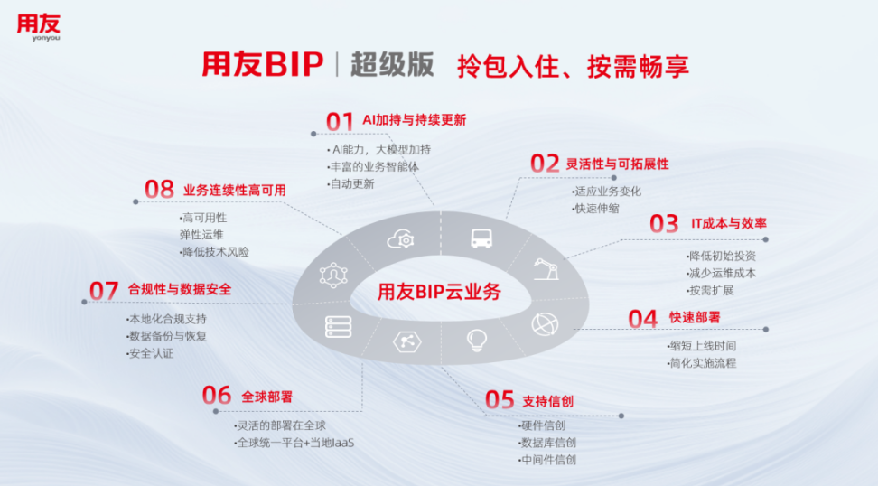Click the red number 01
[340, 121]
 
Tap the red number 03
[664, 223]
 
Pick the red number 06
[217, 396]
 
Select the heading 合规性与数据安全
[180, 290]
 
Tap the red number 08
[159, 190]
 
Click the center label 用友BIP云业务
[439, 291]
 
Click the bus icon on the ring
[481, 238]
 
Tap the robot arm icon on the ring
[545, 269]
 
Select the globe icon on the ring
[545, 323]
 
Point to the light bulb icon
[477, 341]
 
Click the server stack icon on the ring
[339, 326]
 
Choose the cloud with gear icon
[400, 239]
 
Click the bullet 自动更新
[353, 183]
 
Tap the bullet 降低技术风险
[215, 252]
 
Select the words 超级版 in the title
[392, 65]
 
